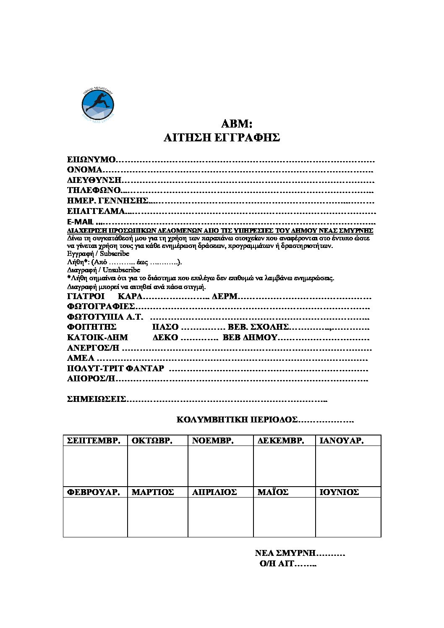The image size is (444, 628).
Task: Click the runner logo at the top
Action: pyautogui.click(x=98, y=105)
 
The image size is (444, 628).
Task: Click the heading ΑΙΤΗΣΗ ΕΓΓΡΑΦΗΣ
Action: pyautogui.click(x=222, y=138)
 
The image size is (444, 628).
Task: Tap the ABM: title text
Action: pyautogui.click(x=236, y=124)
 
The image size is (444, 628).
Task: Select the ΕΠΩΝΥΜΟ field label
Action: pyautogui.click(x=91, y=160)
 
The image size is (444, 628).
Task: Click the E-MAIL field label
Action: pyautogui.click(x=80, y=222)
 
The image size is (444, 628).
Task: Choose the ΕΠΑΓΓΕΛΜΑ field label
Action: pyautogui.click(x=96, y=211)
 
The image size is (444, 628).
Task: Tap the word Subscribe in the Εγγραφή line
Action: pyautogui.click(x=115, y=254)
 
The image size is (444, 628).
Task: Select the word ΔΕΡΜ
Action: pyautogui.click(x=225, y=297)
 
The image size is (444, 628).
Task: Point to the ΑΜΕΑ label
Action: pyautogui.click(x=81, y=358)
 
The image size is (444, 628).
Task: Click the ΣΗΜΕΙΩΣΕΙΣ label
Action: pyautogui.click(x=97, y=399)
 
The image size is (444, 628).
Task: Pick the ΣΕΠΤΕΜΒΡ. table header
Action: pyautogui.click(x=94, y=441)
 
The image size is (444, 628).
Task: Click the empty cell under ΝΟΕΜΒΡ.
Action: pyautogui.click(x=220, y=466)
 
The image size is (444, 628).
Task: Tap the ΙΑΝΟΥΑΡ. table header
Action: pyautogui.click(x=341, y=441)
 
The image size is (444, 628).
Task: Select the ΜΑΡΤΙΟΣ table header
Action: pyautogui.click(x=153, y=492)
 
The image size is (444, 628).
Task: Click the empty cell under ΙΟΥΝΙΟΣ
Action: pyautogui.click(x=348, y=517)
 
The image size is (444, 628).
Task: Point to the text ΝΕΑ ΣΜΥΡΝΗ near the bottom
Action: pyautogui.click(x=285, y=553)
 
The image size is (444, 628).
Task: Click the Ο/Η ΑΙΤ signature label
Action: pyautogui.click(x=277, y=564)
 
